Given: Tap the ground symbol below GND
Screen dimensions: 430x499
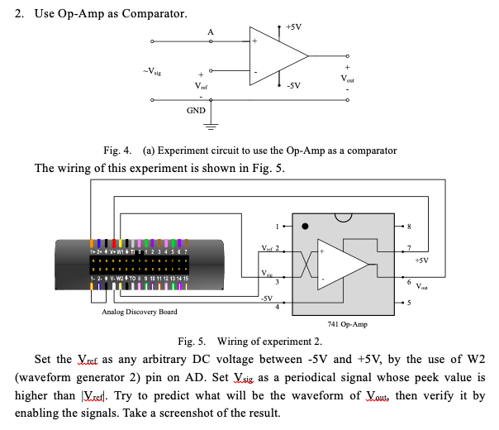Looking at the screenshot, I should tap(211, 126).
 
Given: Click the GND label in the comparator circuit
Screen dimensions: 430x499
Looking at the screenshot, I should tap(196, 110).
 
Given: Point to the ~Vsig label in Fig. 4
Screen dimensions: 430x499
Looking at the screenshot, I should tap(150, 72).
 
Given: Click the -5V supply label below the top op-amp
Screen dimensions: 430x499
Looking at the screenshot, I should tap(292, 85).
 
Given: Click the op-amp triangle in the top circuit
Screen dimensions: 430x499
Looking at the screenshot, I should tap(276, 56).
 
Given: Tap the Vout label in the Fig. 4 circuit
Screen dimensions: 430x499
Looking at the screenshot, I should tap(349, 78).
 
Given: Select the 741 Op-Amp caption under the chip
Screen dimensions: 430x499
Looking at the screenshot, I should tap(348, 324).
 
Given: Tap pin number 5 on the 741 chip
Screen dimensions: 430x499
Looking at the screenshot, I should tap(408, 301).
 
